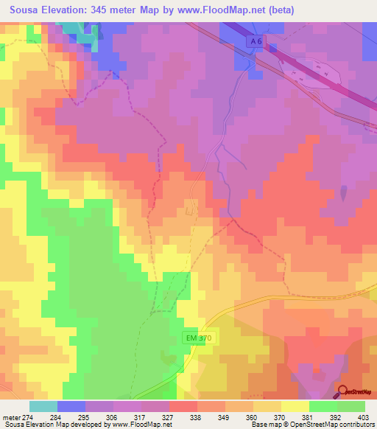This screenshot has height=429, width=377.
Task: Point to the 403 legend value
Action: pyautogui.click(x=364, y=417)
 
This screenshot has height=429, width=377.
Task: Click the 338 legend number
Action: pyautogui.click(x=195, y=417)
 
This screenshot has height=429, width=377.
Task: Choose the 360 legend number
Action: pyautogui.click(x=250, y=417)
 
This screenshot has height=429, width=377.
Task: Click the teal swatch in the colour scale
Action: pyautogui.click(x=43, y=406)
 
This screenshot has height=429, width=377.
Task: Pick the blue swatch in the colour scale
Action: pyautogui.click(x=71, y=406)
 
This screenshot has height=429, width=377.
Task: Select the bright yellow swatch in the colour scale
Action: pyautogui.click(x=295, y=406)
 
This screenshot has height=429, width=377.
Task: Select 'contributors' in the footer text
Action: pyautogui.click(x=355, y=425)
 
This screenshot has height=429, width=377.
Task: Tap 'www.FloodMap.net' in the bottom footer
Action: pyautogui.click(x=141, y=425)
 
